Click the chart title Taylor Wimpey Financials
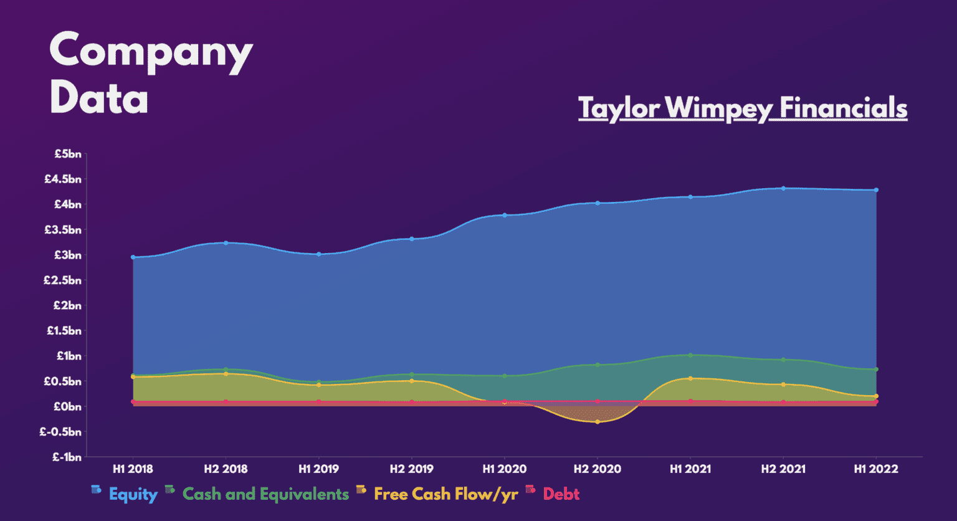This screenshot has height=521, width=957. tap(742, 108)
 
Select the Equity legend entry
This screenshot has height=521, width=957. tap(133, 494)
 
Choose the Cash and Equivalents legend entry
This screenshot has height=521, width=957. tap(265, 494)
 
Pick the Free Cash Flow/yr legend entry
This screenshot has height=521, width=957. tap(445, 494)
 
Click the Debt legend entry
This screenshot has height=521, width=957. tap(561, 494)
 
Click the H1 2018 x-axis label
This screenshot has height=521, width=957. tap(133, 469)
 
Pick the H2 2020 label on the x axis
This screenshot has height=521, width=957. tap(597, 469)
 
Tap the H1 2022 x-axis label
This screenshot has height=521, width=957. tap(876, 469)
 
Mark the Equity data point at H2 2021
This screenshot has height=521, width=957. tap(783, 188)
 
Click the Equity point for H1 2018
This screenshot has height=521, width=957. tap(133, 257)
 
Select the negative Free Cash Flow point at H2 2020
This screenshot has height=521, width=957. tap(598, 422)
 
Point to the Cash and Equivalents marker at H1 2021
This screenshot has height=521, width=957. tap(690, 355)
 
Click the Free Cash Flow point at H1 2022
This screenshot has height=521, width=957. tap(876, 396)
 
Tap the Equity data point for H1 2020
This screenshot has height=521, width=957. tap(505, 215)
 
